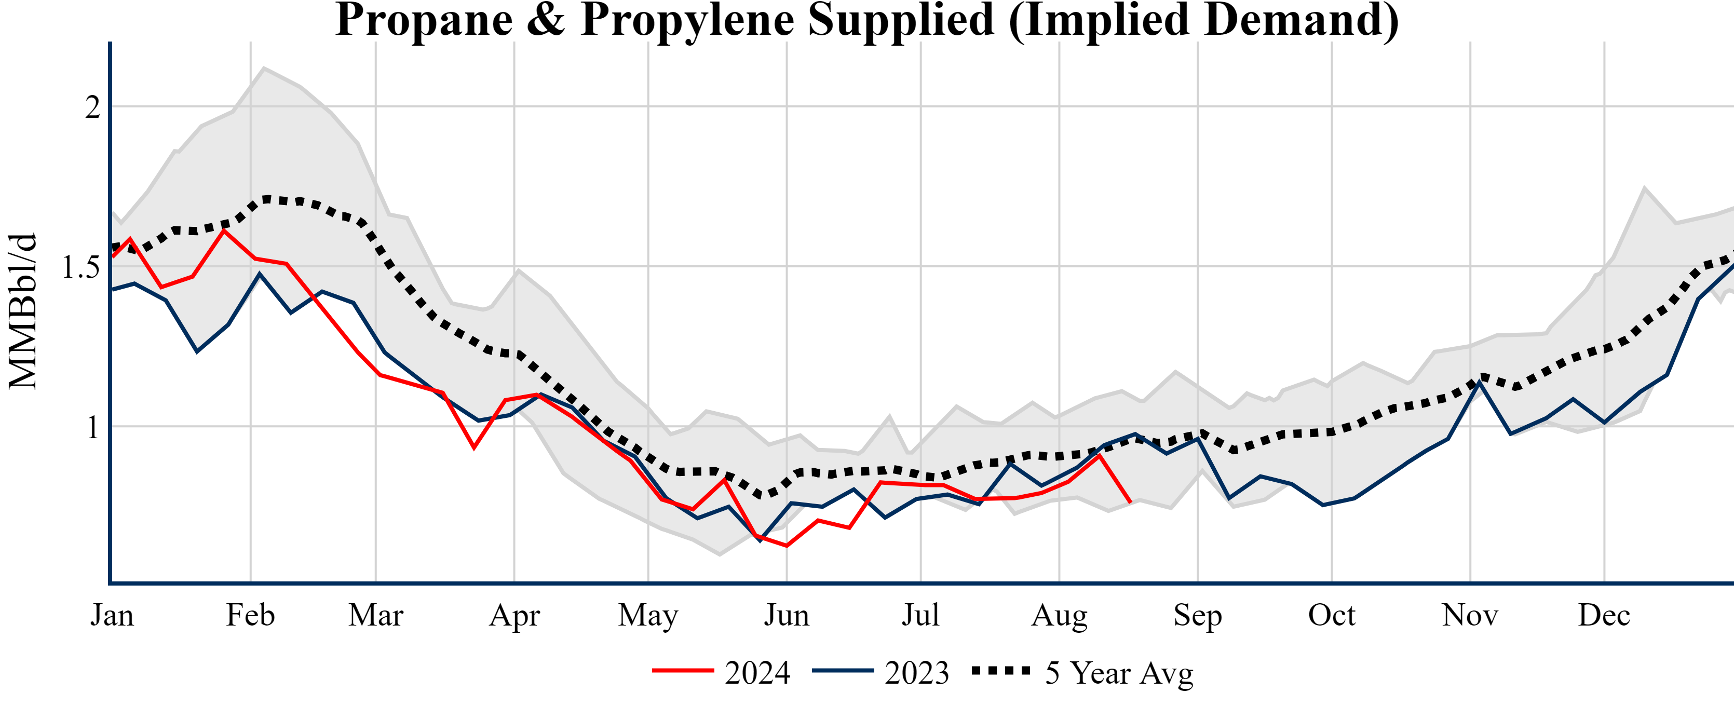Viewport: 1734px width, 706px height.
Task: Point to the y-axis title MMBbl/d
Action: pos(23,311)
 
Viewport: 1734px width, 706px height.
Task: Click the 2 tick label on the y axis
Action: pos(92,107)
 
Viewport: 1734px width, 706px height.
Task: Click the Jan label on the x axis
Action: pos(112,615)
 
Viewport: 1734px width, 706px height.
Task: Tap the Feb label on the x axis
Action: pos(250,615)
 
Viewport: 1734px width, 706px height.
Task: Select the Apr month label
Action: pos(514,615)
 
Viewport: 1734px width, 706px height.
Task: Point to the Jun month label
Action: pos(786,615)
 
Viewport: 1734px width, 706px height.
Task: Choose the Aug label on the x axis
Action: pos(1060,615)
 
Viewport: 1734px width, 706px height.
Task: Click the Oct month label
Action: pos(1332,615)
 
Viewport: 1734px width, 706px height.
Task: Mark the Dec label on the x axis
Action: pos(1604,615)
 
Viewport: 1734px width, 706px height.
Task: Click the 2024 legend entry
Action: pos(721,672)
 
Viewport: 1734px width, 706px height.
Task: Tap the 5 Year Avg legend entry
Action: pos(1082,672)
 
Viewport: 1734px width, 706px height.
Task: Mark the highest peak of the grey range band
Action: pos(264,67)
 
